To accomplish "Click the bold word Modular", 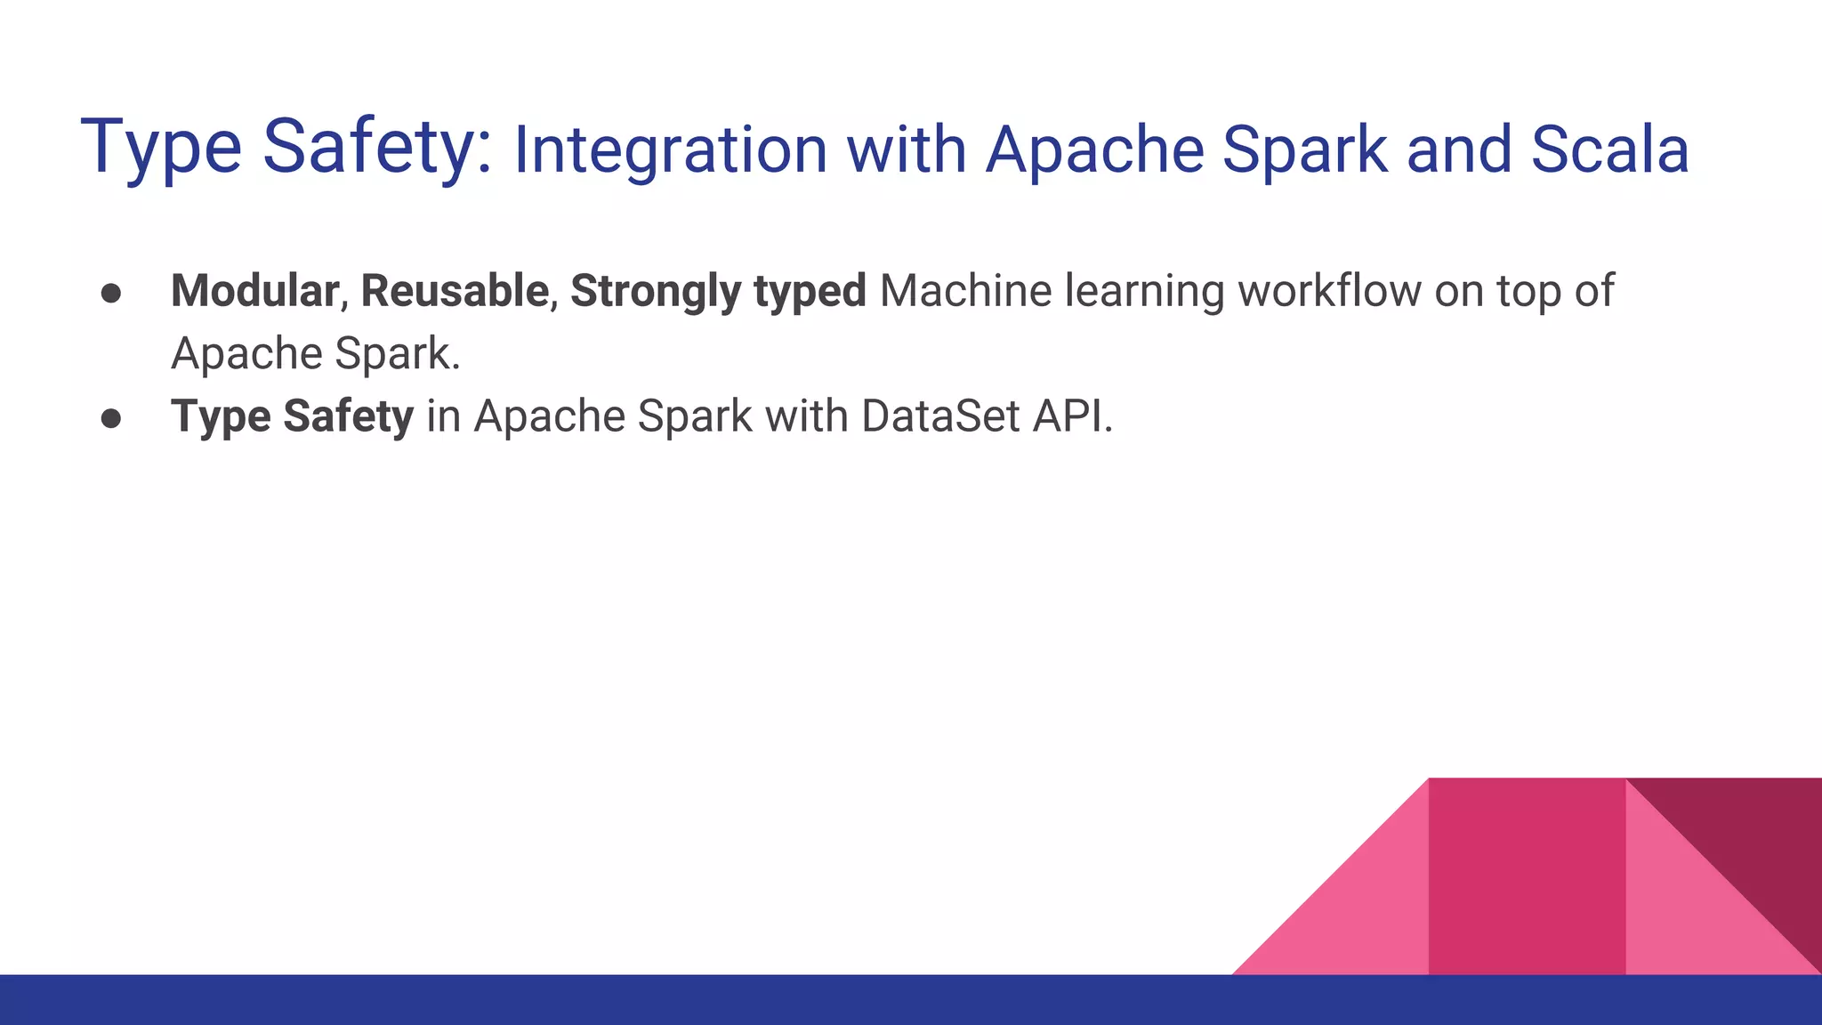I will (254, 291).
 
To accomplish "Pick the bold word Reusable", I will (455, 291).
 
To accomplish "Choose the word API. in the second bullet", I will (1072, 416).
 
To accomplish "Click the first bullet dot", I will (111, 294).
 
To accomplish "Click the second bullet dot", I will (111, 418).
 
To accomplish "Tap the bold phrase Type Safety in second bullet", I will (292, 416).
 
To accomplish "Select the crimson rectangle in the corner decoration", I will (1527, 876).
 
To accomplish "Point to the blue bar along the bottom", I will (623, 1000).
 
